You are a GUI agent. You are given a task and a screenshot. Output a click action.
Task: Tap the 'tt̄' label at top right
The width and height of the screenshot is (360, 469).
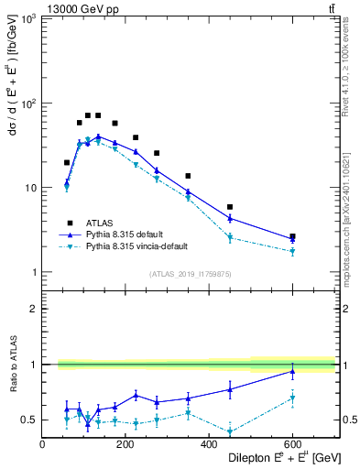(330, 7)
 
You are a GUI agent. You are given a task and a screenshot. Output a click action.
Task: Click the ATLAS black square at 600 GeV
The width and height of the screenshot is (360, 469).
(292, 236)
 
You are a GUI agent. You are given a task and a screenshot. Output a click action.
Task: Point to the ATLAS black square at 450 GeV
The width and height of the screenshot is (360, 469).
(230, 207)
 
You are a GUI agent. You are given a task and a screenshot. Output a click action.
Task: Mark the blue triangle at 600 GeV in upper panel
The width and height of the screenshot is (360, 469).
(292, 239)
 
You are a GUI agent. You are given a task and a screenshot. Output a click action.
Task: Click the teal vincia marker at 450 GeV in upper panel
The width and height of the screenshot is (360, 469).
(230, 237)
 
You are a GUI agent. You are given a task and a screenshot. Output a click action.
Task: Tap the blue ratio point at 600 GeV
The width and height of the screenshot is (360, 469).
(292, 371)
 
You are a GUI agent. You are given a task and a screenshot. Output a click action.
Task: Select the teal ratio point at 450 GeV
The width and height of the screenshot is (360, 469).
(230, 431)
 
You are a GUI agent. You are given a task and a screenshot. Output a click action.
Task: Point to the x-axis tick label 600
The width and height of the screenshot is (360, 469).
(292, 445)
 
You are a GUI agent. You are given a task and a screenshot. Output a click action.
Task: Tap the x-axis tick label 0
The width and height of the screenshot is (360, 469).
(43, 445)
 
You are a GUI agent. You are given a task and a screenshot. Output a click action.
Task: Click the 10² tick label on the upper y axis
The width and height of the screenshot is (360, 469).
(28, 104)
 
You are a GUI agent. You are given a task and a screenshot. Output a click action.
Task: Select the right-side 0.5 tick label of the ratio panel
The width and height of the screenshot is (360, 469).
(347, 420)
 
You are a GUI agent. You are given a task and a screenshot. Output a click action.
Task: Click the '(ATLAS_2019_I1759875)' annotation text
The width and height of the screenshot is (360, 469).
(191, 273)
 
